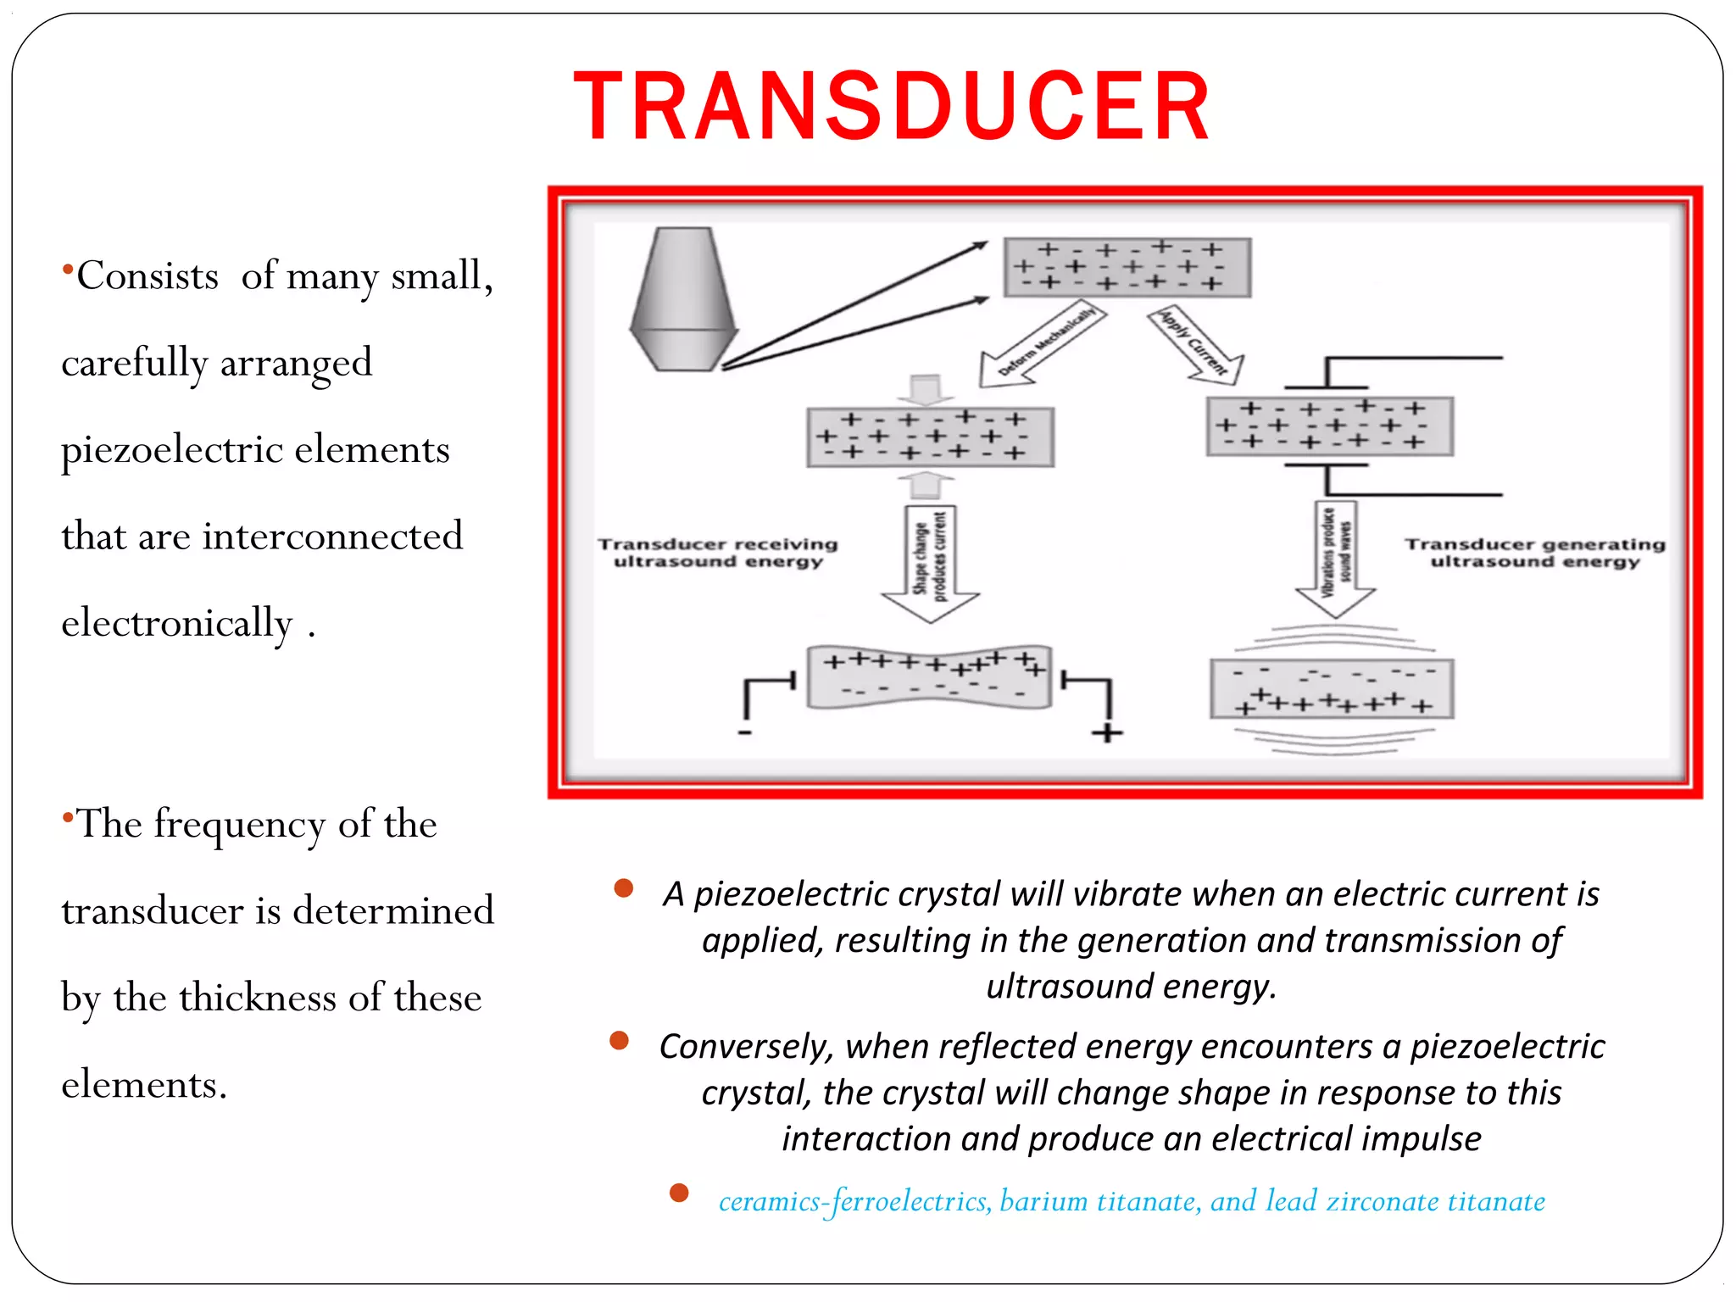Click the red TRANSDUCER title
coord(892,107)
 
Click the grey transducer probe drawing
coord(683,300)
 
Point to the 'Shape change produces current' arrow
coord(931,559)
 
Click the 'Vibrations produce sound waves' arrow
coord(1335,555)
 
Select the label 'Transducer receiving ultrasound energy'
coord(717,552)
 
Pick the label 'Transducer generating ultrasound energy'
coord(1534,552)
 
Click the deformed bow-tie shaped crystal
coord(929,677)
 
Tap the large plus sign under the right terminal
coord(1106,733)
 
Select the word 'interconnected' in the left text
coord(332,537)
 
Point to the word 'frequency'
coord(239,824)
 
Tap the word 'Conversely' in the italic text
coord(746,1047)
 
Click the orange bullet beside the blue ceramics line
coord(679,1193)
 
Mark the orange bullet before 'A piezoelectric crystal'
coord(624,888)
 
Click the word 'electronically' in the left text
coord(176,624)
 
